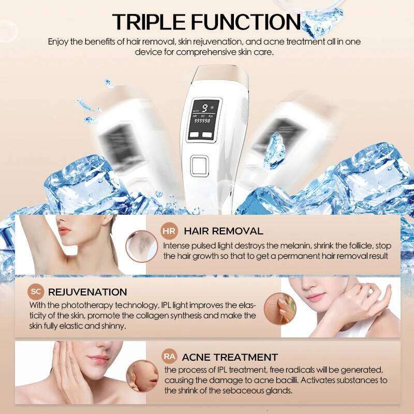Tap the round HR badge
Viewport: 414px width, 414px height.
pyautogui.click(x=169, y=231)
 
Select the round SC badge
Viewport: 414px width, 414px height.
pyautogui.click(x=36, y=292)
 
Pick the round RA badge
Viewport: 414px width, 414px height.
pyautogui.click(x=169, y=356)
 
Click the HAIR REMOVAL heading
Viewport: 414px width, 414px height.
pyautogui.click(x=224, y=231)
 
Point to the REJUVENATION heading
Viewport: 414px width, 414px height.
pyautogui.click(x=87, y=292)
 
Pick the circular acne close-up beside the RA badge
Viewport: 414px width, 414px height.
pyautogui.click(x=141, y=373)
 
